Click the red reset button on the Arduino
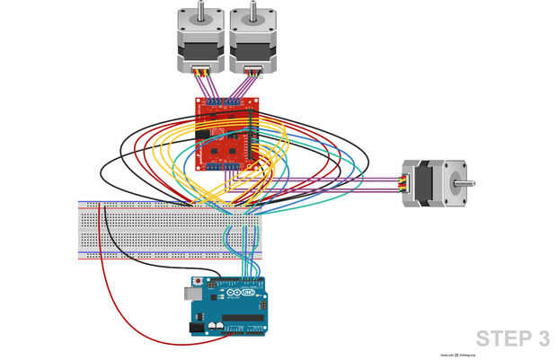pyautogui.click(x=198, y=282)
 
